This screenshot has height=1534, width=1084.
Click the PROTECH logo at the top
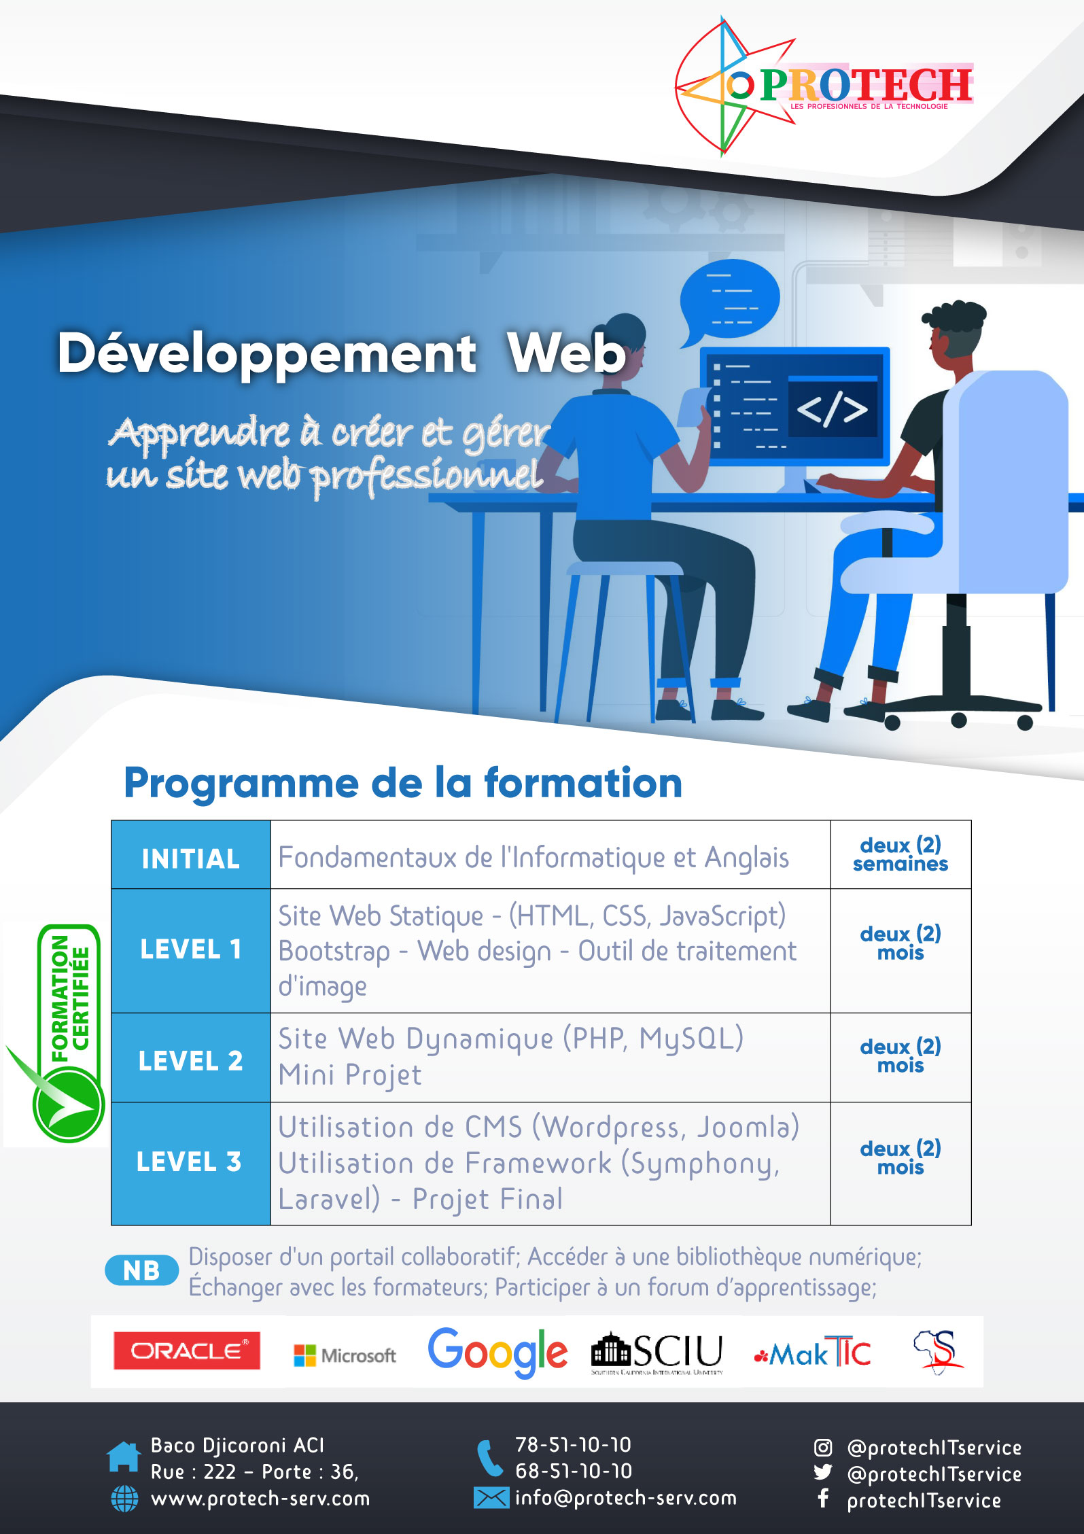(x=824, y=86)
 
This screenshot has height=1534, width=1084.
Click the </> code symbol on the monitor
(x=832, y=408)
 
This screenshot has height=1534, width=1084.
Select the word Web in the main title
(x=566, y=353)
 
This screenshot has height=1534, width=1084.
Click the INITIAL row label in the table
(x=191, y=858)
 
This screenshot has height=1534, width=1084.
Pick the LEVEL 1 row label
(x=191, y=949)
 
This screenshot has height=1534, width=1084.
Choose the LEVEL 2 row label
(x=191, y=1061)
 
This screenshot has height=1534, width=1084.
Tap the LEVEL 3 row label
(x=189, y=1162)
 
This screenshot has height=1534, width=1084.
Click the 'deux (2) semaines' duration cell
(x=901, y=854)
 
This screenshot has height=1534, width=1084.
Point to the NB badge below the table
(x=141, y=1270)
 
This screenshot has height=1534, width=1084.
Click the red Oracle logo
(x=187, y=1350)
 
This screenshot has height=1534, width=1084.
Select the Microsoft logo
(x=345, y=1355)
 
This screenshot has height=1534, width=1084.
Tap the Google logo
(x=497, y=1352)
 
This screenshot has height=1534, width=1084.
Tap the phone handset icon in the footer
(x=489, y=1458)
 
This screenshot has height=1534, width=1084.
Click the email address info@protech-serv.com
(x=626, y=1498)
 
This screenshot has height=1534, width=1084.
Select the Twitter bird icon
(x=823, y=1472)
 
